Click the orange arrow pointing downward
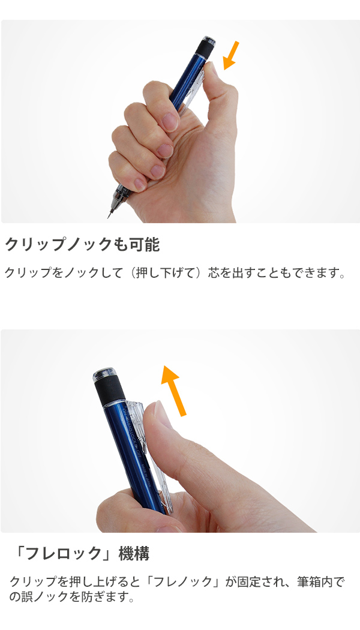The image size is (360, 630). [230, 55]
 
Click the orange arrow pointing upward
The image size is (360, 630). [174, 390]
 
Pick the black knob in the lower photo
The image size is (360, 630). [110, 392]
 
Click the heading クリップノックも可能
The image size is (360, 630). [82, 245]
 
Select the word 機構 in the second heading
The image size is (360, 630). [134, 554]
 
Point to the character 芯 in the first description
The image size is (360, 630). [214, 273]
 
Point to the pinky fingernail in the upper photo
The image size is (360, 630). [139, 184]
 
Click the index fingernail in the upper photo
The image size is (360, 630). [170, 121]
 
